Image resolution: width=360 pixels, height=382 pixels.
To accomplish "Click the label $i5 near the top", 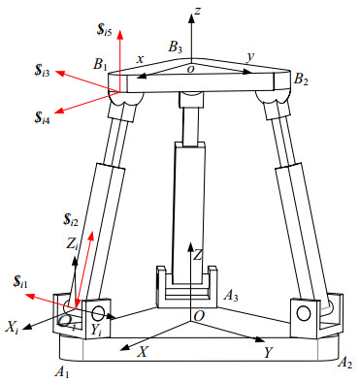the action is point(105,29).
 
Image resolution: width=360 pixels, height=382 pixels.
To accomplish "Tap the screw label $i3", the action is point(42,71).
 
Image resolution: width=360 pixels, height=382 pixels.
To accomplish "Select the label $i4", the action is point(42,117).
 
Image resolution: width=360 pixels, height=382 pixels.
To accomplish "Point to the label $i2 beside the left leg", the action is point(71,220).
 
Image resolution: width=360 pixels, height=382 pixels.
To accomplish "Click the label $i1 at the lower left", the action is point(20,282).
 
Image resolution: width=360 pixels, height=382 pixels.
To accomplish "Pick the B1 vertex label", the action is point(100,64).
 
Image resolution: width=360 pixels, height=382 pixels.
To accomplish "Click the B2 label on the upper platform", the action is point(301,80).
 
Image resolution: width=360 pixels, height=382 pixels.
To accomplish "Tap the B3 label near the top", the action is point(176,48).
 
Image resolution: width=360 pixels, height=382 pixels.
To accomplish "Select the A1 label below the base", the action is point(62,372).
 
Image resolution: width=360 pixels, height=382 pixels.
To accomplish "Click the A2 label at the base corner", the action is point(344,363).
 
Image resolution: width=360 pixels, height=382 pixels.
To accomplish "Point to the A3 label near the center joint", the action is point(231,296).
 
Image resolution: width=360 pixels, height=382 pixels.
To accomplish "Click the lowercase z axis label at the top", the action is point(198,11).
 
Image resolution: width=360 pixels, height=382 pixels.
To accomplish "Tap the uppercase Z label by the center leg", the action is point(197,255).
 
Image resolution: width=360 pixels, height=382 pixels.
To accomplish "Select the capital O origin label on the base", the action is point(199,316).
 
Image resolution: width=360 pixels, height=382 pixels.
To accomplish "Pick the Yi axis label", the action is point(97,330).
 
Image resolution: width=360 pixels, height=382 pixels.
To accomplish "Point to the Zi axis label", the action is point(72,244).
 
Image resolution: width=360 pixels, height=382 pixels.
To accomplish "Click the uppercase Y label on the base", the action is point(268,352).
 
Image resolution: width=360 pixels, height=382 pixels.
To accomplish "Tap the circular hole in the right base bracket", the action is point(304,313).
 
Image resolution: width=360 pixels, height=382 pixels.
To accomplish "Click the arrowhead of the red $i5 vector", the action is point(120,34).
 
